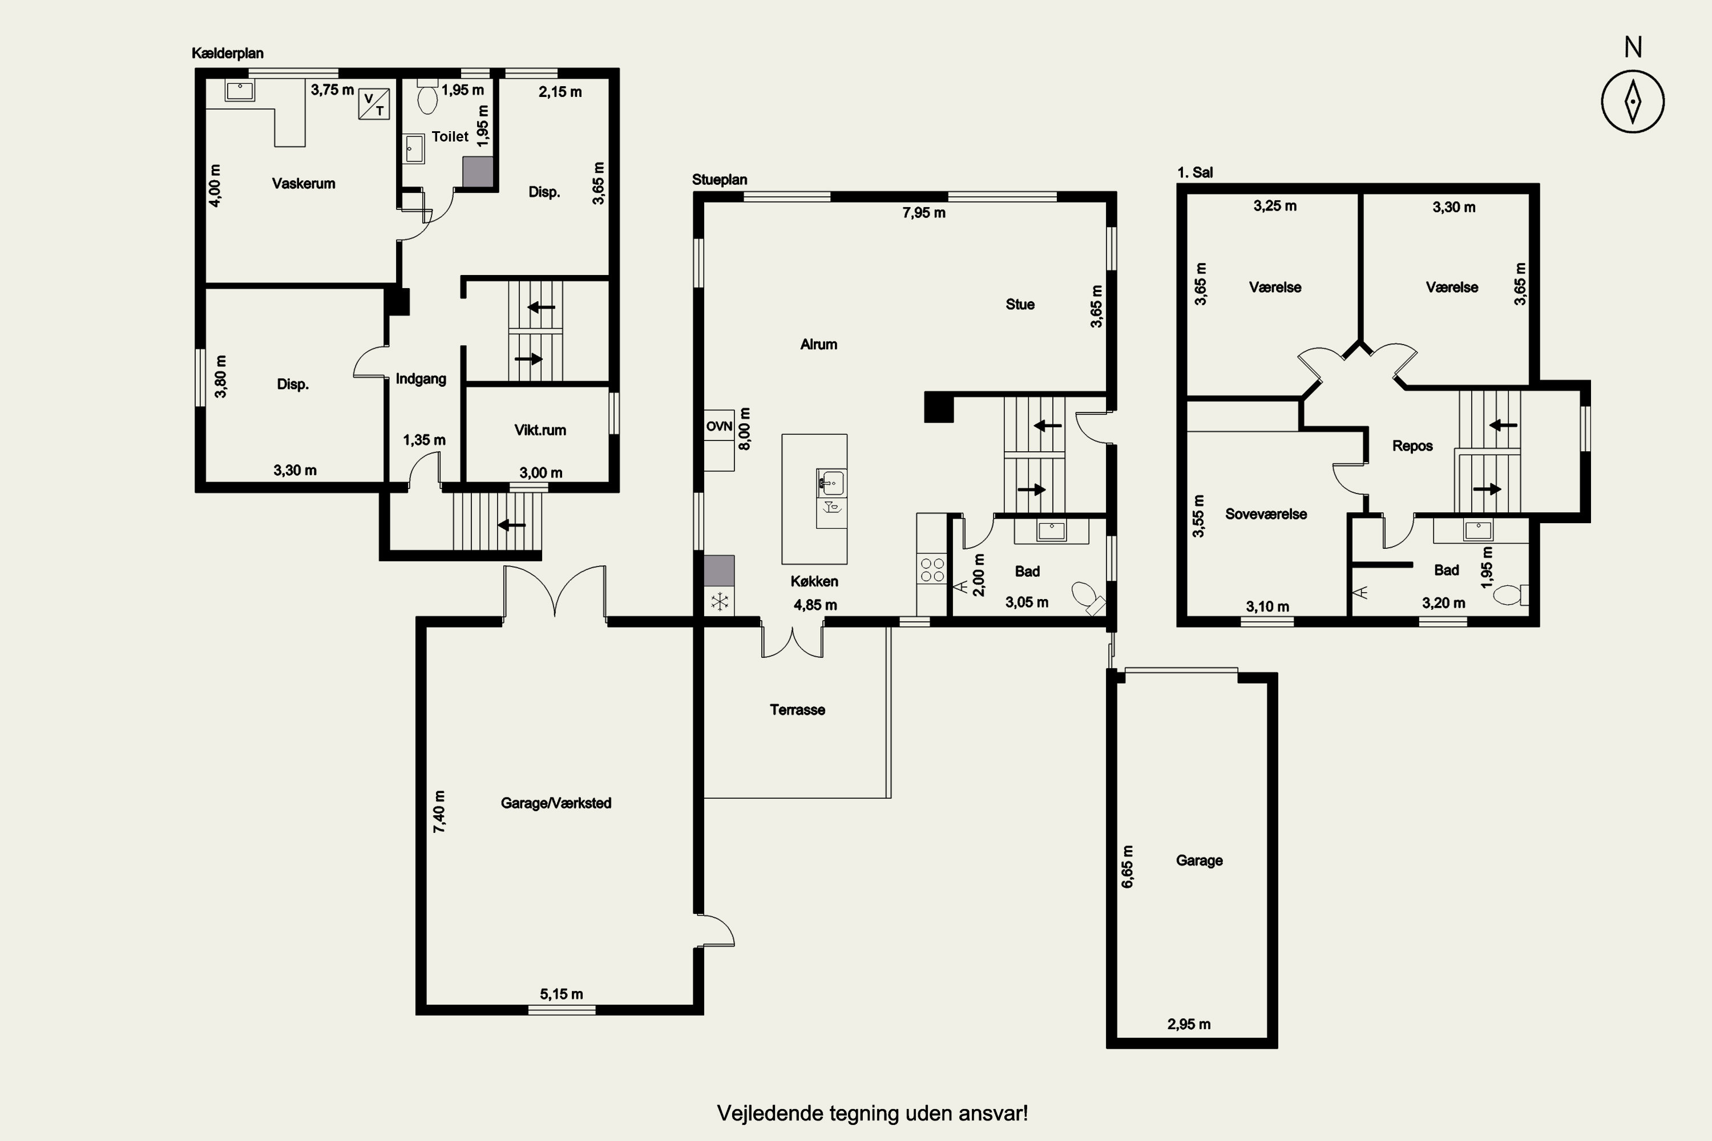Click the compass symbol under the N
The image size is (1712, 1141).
coord(1633,101)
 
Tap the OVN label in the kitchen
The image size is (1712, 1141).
coord(719,426)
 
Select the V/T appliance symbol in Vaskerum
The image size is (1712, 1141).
coord(374,104)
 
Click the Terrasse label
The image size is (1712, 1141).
coord(798,710)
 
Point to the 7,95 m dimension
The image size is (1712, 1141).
coord(924,212)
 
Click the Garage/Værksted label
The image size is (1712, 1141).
coord(556,803)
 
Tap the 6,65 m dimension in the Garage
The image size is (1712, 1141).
coord(1128,867)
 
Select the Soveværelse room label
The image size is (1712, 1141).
coord(1266,514)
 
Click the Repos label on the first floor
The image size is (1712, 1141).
coord(1412,446)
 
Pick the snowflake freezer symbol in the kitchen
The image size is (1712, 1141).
coord(719,602)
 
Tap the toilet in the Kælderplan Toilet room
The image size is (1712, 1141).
coord(427,97)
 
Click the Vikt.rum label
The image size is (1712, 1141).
coord(540,430)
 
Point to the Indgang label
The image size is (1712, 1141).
coord(421,378)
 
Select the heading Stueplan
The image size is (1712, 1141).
coord(719,180)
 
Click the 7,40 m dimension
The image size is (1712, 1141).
coord(439,811)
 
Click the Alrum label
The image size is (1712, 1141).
coord(818,344)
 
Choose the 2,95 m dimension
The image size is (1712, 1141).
coord(1189,1025)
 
